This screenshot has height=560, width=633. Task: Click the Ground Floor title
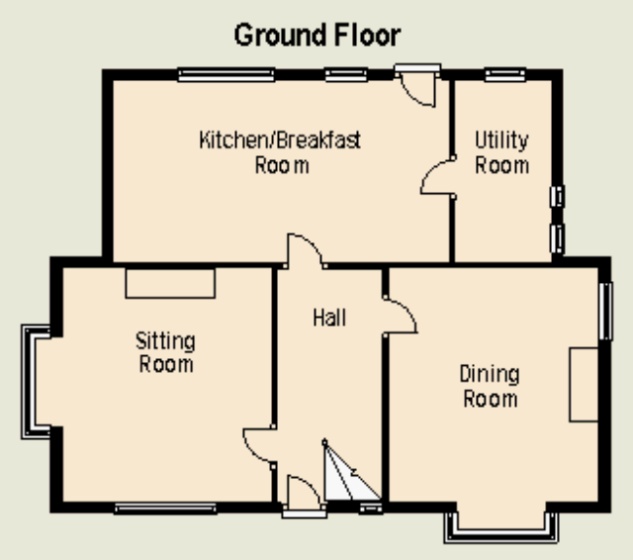[317, 36]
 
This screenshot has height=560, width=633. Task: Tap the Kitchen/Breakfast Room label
[280, 152]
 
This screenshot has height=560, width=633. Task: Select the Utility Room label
[501, 152]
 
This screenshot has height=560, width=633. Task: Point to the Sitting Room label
[165, 352]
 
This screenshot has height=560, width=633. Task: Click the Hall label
[329, 318]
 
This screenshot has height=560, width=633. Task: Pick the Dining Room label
[490, 387]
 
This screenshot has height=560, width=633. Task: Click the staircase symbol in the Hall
[352, 471]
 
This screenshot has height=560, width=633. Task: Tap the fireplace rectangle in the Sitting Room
[170, 283]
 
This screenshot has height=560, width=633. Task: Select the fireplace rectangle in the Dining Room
[584, 384]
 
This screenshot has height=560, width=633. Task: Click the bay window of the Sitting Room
[29, 382]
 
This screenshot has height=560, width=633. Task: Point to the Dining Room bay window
[501, 533]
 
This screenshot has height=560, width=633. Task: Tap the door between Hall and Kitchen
[306, 250]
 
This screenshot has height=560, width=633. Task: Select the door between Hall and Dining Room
[400, 317]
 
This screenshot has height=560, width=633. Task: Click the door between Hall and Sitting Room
[259, 446]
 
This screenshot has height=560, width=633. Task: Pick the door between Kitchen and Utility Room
[438, 177]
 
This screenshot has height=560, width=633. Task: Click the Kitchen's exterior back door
[417, 86]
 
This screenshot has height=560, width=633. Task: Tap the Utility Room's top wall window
[505, 74]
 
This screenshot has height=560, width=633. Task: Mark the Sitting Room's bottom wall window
[165, 508]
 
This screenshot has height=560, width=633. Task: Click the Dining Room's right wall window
[605, 311]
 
